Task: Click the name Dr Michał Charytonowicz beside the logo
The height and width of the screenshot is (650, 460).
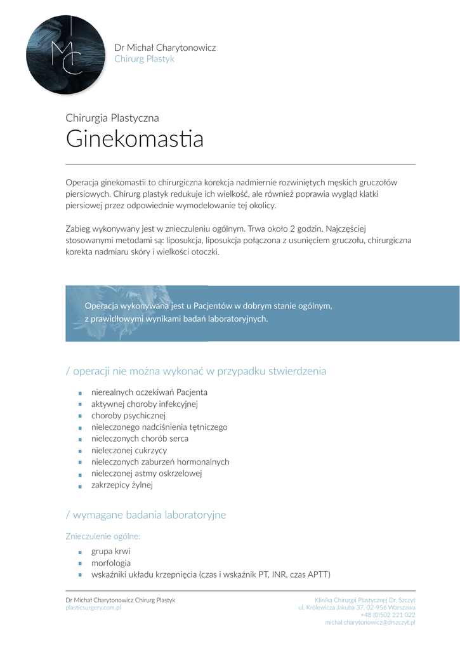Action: tap(165, 48)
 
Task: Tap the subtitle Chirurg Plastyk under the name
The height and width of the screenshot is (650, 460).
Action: tap(144, 59)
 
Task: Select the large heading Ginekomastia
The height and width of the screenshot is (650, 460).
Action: tap(135, 139)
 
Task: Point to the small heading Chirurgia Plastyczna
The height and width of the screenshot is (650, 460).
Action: tap(112, 117)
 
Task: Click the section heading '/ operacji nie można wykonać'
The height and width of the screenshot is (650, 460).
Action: tap(196, 371)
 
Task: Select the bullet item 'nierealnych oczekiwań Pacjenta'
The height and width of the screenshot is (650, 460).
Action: tap(149, 392)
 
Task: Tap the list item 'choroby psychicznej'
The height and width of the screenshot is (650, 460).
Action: tap(128, 415)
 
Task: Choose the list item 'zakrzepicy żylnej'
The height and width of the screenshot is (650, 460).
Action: tap(122, 485)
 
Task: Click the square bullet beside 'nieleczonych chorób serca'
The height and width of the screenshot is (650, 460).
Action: tap(81, 439)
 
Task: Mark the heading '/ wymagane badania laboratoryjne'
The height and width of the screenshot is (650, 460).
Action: tap(146, 515)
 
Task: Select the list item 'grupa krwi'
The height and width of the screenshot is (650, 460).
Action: tap(111, 551)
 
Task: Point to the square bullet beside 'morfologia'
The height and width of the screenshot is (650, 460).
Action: tap(81, 564)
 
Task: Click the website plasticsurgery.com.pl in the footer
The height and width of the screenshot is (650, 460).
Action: tap(93, 607)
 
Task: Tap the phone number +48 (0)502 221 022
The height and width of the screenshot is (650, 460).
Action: tap(388, 615)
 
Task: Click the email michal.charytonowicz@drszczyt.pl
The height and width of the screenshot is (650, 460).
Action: tap(370, 623)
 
